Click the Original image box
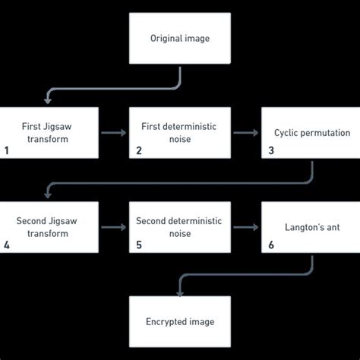click(179, 38)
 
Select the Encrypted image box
click(179, 321)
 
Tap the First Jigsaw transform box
click(49, 133)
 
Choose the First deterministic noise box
click(179, 133)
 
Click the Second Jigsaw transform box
click(49, 227)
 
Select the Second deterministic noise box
click(179, 227)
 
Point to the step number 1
click(7, 150)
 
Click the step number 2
click(138, 150)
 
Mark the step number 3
click(271, 150)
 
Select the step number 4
click(7, 245)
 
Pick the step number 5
click(138, 245)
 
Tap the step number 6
click(271, 245)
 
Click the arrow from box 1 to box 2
click(114, 133)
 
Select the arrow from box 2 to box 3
click(245, 133)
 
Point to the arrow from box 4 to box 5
click(114, 227)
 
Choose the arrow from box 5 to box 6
click(245, 227)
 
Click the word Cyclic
click(286, 133)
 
